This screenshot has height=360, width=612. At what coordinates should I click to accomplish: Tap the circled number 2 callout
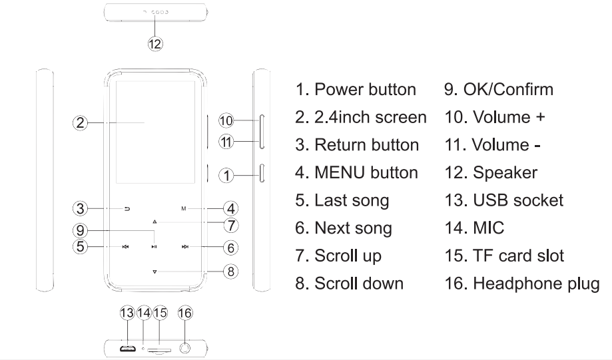tap(79, 122)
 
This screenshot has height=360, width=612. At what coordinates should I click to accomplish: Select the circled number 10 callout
tap(226, 121)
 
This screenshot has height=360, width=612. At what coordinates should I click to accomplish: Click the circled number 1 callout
tap(227, 176)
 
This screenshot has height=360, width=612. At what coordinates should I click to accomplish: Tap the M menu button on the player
tap(183, 208)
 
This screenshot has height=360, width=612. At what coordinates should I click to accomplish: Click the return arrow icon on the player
tap(127, 208)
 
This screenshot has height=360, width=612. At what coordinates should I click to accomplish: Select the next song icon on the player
tap(184, 247)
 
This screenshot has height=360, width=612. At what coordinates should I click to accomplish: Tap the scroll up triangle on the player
tap(154, 221)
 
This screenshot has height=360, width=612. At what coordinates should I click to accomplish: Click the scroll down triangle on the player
tap(154, 271)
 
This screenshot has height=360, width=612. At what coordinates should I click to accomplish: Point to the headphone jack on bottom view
tap(186, 347)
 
